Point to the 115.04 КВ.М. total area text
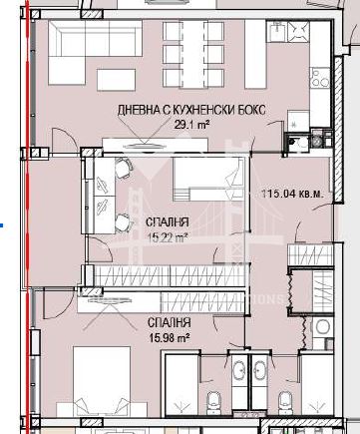[290, 195]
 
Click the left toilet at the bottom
[213, 403]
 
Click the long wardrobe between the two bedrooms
[180, 278]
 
